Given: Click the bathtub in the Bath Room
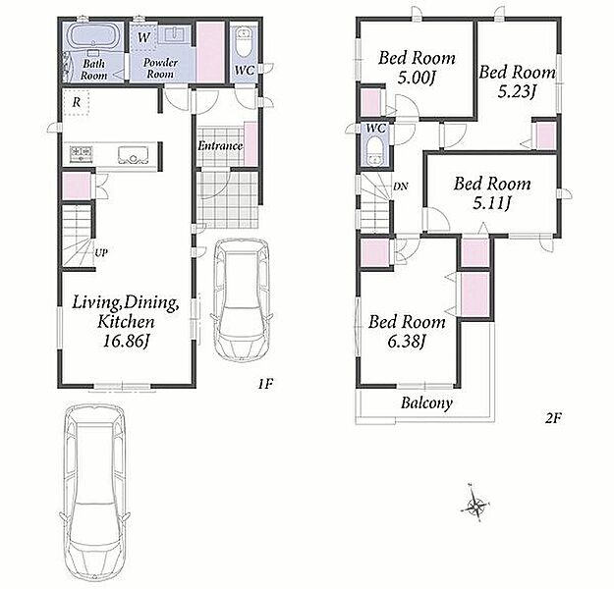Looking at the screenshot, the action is click(93, 36).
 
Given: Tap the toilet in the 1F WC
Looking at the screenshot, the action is click(245, 41).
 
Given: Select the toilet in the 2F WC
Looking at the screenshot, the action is click(375, 150).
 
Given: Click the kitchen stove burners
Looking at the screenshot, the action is click(82, 152).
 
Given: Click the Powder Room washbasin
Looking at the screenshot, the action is click(175, 34).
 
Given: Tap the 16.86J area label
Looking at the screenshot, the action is click(126, 342).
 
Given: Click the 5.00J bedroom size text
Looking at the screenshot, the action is click(418, 78).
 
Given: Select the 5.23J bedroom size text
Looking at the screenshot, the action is click(517, 92).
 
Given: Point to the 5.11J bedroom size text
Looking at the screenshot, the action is click(492, 203).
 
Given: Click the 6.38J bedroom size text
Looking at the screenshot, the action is click(407, 342).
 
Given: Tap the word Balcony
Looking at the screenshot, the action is click(426, 402).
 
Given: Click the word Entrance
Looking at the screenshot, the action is click(220, 146).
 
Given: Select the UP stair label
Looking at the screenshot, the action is click(101, 253).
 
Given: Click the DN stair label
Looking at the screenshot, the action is click(400, 187).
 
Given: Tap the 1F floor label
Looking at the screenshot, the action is click(265, 384).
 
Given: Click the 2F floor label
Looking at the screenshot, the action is click(554, 419).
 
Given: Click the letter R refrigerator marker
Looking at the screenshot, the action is click(77, 102).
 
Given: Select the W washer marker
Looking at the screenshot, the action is click(143, 37).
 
